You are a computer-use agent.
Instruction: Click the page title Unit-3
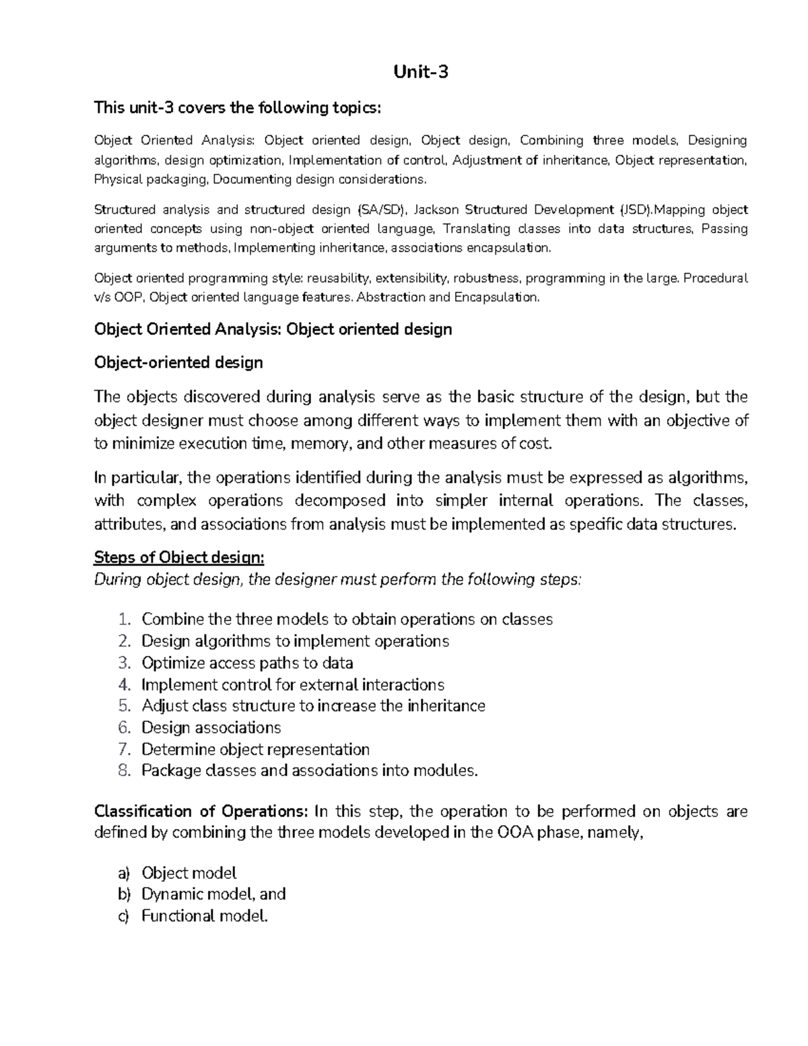point(421,71)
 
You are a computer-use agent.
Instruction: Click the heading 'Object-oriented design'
point(178,363)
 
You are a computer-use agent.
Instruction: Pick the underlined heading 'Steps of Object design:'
point(179,558)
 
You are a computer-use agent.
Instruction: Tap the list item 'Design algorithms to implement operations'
point(295,641)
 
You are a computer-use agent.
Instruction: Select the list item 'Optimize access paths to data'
point(247,663)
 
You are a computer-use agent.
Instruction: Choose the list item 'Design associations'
point(211,728)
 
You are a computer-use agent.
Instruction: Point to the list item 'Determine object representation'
point(255,750)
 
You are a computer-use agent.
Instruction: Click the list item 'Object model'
point(189,874)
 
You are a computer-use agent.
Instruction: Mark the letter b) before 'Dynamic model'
point(123,894)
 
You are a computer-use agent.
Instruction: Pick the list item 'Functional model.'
point(205,916)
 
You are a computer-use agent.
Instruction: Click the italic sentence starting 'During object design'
point(337,580)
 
